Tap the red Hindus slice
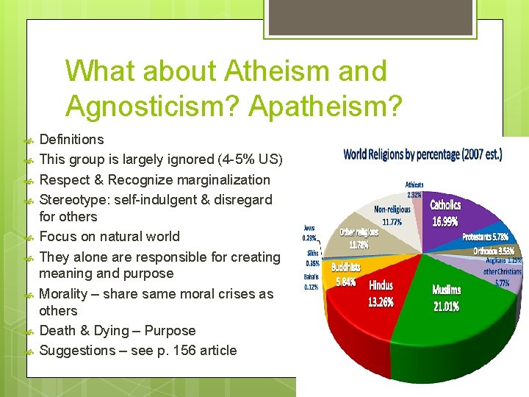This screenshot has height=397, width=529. (x=375, y=309)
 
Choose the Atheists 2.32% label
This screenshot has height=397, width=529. (x=414, y=189)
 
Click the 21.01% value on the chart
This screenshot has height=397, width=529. (x=446, y=306)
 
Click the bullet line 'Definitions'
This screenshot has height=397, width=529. (x=71, y=139)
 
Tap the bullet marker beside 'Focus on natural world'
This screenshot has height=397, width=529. (x=30, y=237)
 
